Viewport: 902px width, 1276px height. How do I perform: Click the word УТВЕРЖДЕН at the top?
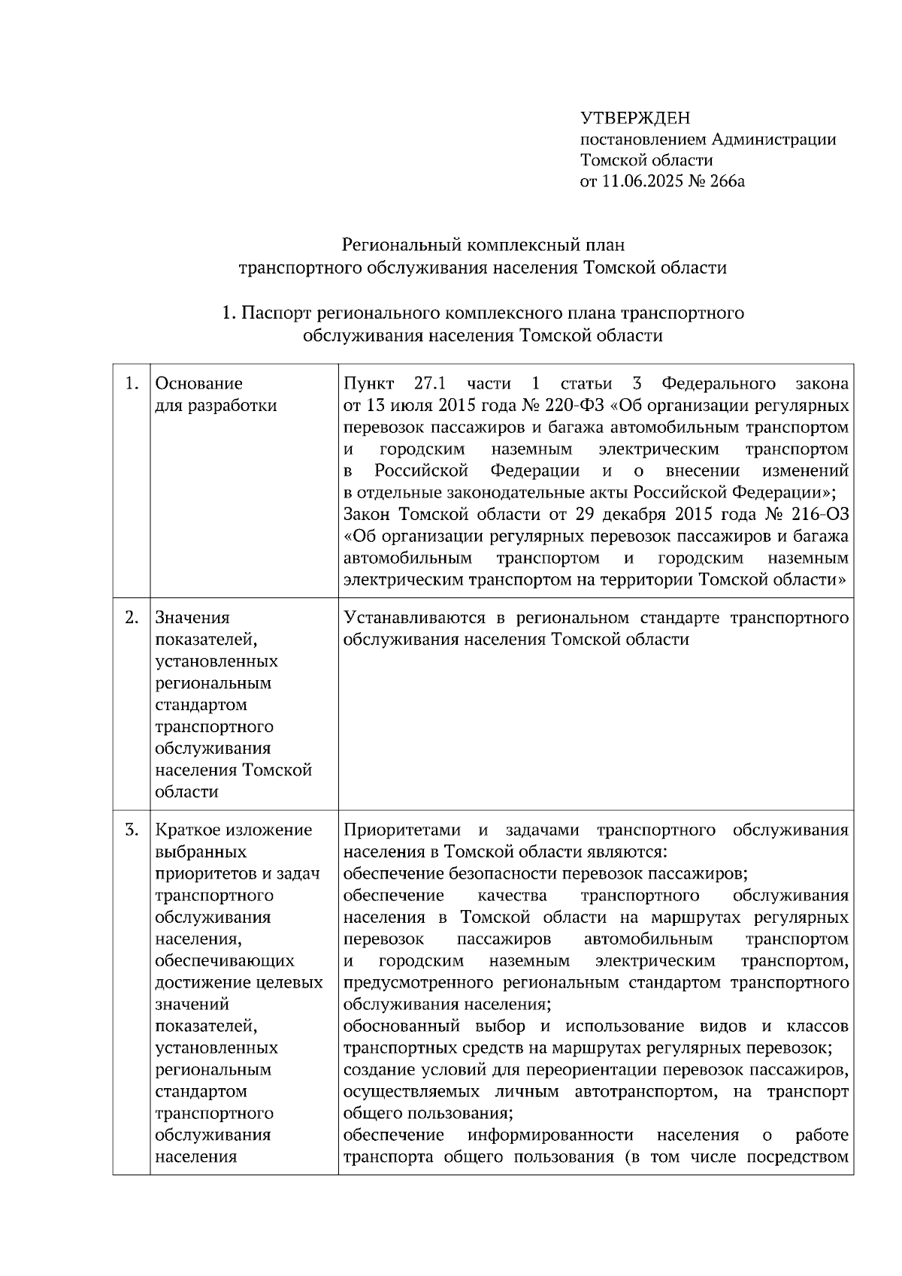(x=634, y=118)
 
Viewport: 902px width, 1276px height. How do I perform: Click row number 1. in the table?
(x=132, y=384)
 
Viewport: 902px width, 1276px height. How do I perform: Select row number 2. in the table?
(x=132, y=618)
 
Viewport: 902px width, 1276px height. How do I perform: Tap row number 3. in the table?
(x=132, y=830)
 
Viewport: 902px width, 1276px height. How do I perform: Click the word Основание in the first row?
(x=198, y=384)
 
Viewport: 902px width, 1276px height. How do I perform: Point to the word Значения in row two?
(x=192, y=618)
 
